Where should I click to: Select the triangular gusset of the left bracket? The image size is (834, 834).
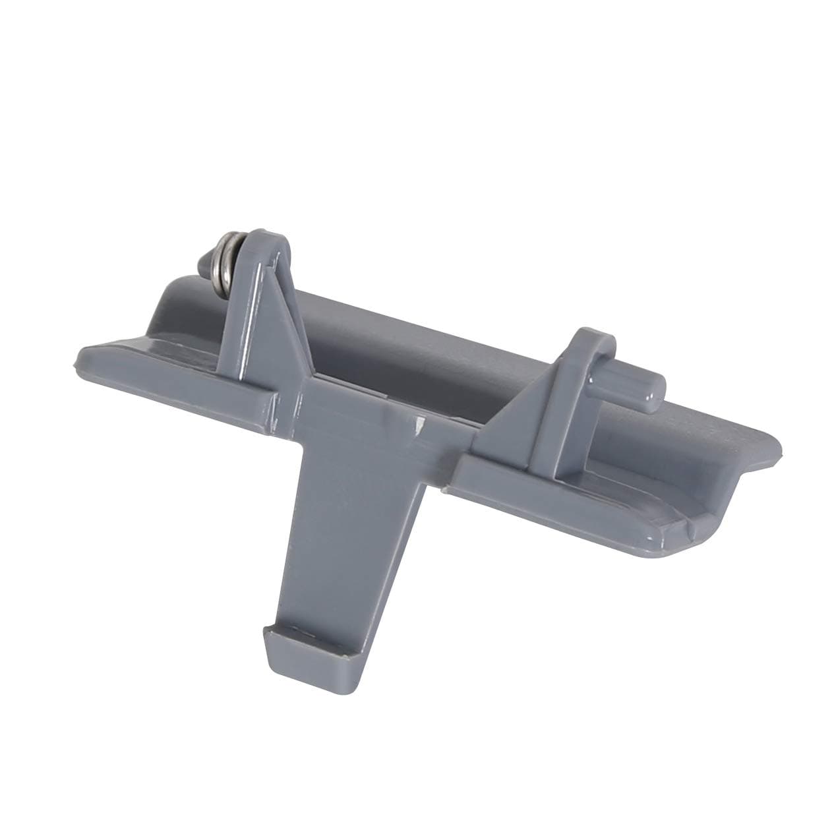coord(283,330)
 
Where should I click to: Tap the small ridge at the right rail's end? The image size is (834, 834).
coord(686,534)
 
